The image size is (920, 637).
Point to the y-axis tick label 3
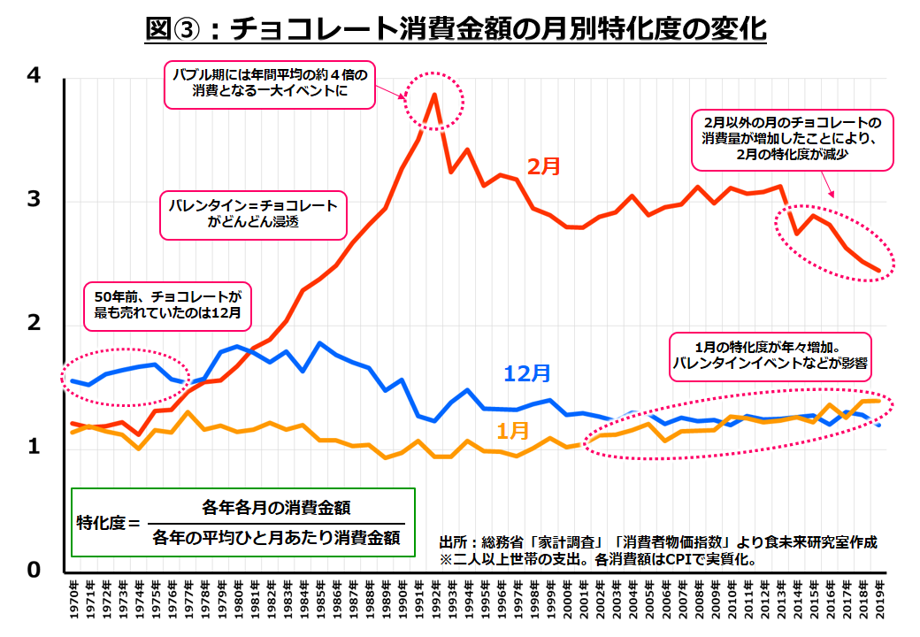click(33, 200)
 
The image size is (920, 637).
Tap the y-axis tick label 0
click(33, 570)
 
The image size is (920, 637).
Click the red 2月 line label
click(544, 165)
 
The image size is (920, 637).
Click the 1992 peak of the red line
click(434, 95)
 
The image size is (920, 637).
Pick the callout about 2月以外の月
click(793, 140)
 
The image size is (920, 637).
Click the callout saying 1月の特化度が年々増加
click(768, 355)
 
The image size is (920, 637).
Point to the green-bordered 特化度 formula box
click(243, 522)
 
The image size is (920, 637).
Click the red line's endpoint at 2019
click(877, 271)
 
